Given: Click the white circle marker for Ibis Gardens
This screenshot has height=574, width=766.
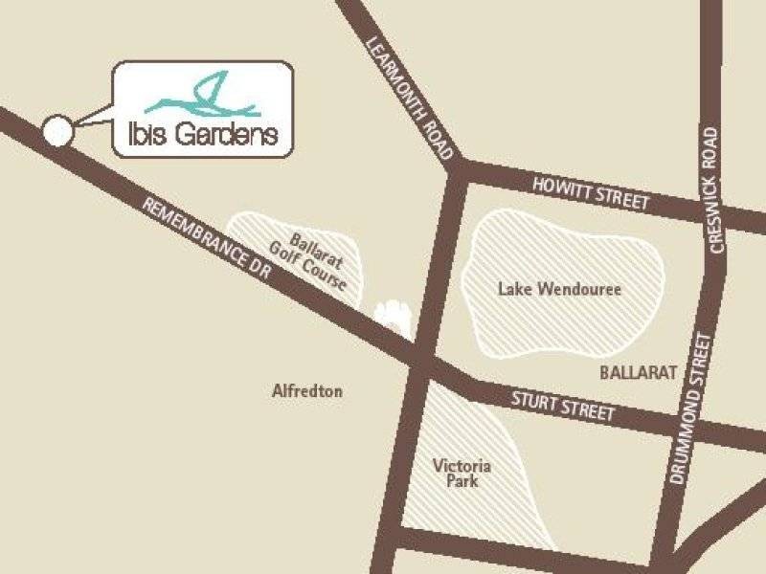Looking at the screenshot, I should click(x=57, y=131).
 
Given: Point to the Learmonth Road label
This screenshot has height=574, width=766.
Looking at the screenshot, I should click(x=409, y=97).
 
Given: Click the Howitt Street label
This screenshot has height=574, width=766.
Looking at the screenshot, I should click(x=593, y=192).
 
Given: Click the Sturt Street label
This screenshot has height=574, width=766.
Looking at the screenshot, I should click(x=562, y=405).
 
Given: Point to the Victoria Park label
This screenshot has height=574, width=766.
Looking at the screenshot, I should click(x=462, y=474).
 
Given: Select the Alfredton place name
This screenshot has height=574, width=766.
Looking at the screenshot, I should click(x=307, y=391).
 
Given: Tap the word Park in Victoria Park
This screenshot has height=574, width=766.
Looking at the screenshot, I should click(x=462, y=481).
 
